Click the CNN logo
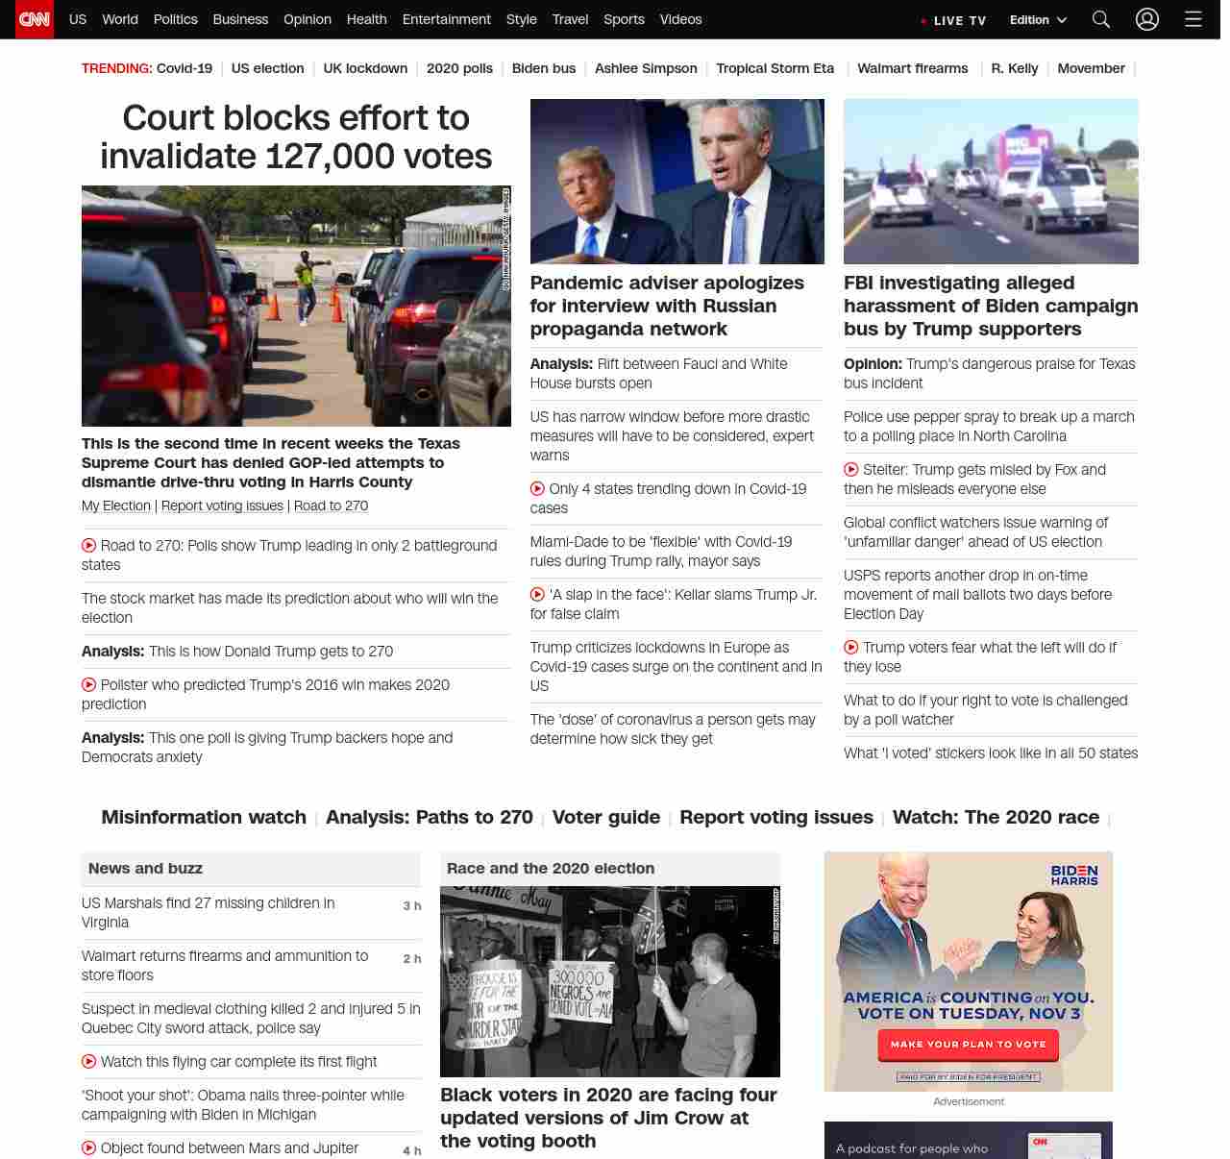[35, 19]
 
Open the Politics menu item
[175, 19]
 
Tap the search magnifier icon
[1101, 19]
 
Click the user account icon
[1147, 19]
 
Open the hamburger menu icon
[1193, 19]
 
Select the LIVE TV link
[953, 20]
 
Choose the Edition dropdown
[1038, 19]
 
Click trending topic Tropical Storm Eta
[775, 68]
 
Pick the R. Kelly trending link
[1014, 68]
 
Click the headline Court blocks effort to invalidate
[296, 136]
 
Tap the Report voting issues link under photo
[222, 506]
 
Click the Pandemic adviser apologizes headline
[667, 306]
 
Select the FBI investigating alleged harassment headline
[990, 306]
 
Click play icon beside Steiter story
[851, 470]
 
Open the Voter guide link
[605, 817]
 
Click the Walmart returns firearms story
[225, 965]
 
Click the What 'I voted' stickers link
[990, 752]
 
